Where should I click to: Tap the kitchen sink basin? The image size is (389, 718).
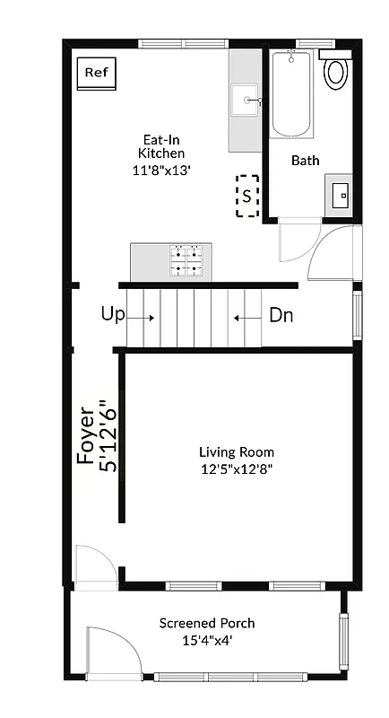pos(244,101)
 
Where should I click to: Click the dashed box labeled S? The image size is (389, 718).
pos(247,196)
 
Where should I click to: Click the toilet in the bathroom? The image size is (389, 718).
pos(337,71)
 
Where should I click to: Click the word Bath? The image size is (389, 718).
pos(306,161)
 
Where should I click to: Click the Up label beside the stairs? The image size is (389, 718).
pos(113,315)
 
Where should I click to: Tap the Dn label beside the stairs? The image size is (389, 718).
pos(281,316)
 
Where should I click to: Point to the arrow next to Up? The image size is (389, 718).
pos(142,317)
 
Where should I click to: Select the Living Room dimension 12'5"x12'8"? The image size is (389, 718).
pos(237,468)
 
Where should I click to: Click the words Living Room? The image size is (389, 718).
pos(237,452)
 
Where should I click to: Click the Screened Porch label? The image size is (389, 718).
pos(207,623)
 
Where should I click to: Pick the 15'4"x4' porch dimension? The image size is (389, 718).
pos(207,640)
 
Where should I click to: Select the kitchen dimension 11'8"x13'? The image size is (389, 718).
pos(162,170)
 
